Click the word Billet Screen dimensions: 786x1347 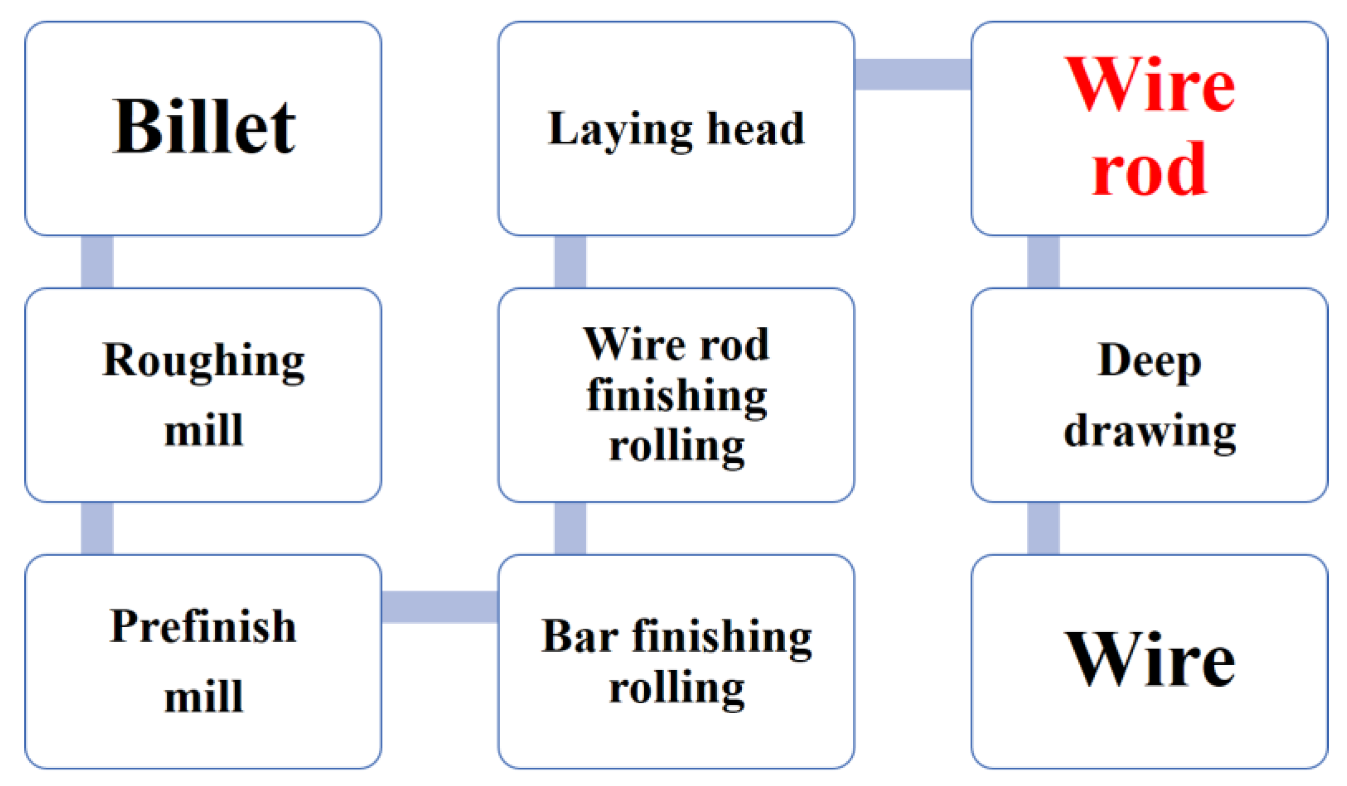pos(204,126)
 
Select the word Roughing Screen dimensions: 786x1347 pos(203,361)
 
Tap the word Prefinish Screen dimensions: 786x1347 pos(203,627)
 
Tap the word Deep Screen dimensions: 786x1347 pos(1149,361)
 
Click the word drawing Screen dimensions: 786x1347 pos(1149,432)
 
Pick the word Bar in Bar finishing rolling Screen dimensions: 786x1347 pos(579,637)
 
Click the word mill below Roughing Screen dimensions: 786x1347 pos(204,431)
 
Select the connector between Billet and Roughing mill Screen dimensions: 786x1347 pos(97,262)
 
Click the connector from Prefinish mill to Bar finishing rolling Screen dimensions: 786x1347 pos(439,607)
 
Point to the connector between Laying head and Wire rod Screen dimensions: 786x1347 pos(913,74)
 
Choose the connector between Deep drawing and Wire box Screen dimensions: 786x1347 pos(1043,528)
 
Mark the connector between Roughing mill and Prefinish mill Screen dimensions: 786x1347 pos(97,528)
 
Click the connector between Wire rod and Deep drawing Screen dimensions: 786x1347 pos(1043,262)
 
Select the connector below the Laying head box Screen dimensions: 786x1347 pos(570,262)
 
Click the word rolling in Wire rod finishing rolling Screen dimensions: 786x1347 pos(677,447)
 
